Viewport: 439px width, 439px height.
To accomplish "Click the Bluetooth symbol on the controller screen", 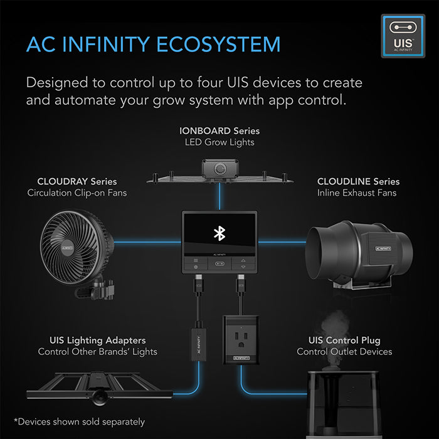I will coord(219,233).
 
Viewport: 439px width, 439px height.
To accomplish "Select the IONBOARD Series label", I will coord(219,131).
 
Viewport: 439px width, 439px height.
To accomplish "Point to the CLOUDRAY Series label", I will coord(77,181).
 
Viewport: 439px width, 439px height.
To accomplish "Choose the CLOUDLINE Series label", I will coord(358,181).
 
